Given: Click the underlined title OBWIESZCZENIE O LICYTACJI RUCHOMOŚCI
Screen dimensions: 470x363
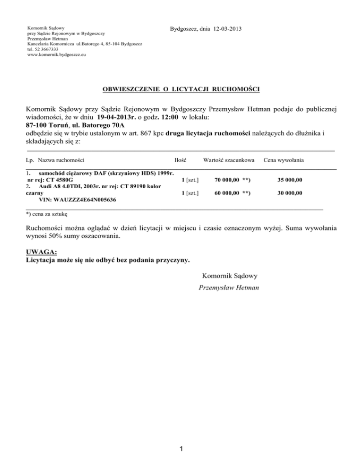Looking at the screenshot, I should pos(181,88).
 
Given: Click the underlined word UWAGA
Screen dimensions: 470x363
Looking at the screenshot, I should pos(41,252).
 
